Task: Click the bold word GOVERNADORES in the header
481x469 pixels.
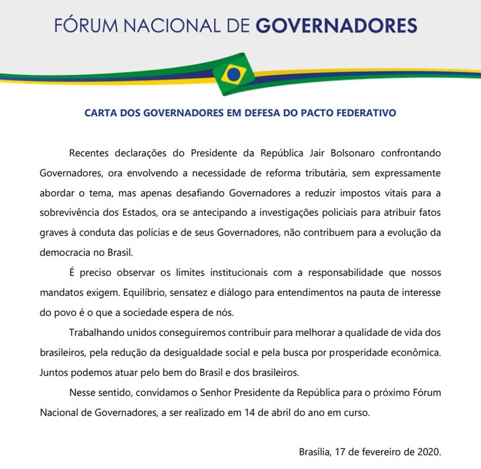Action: coord(336,25)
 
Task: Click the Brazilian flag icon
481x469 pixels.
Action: coord(234,74)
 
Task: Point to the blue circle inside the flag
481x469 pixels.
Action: coord(234,75)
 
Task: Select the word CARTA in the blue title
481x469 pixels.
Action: coord(100,113)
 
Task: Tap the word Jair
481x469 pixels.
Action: coord(307,153)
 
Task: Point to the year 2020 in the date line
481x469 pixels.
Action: coord(429,452)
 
